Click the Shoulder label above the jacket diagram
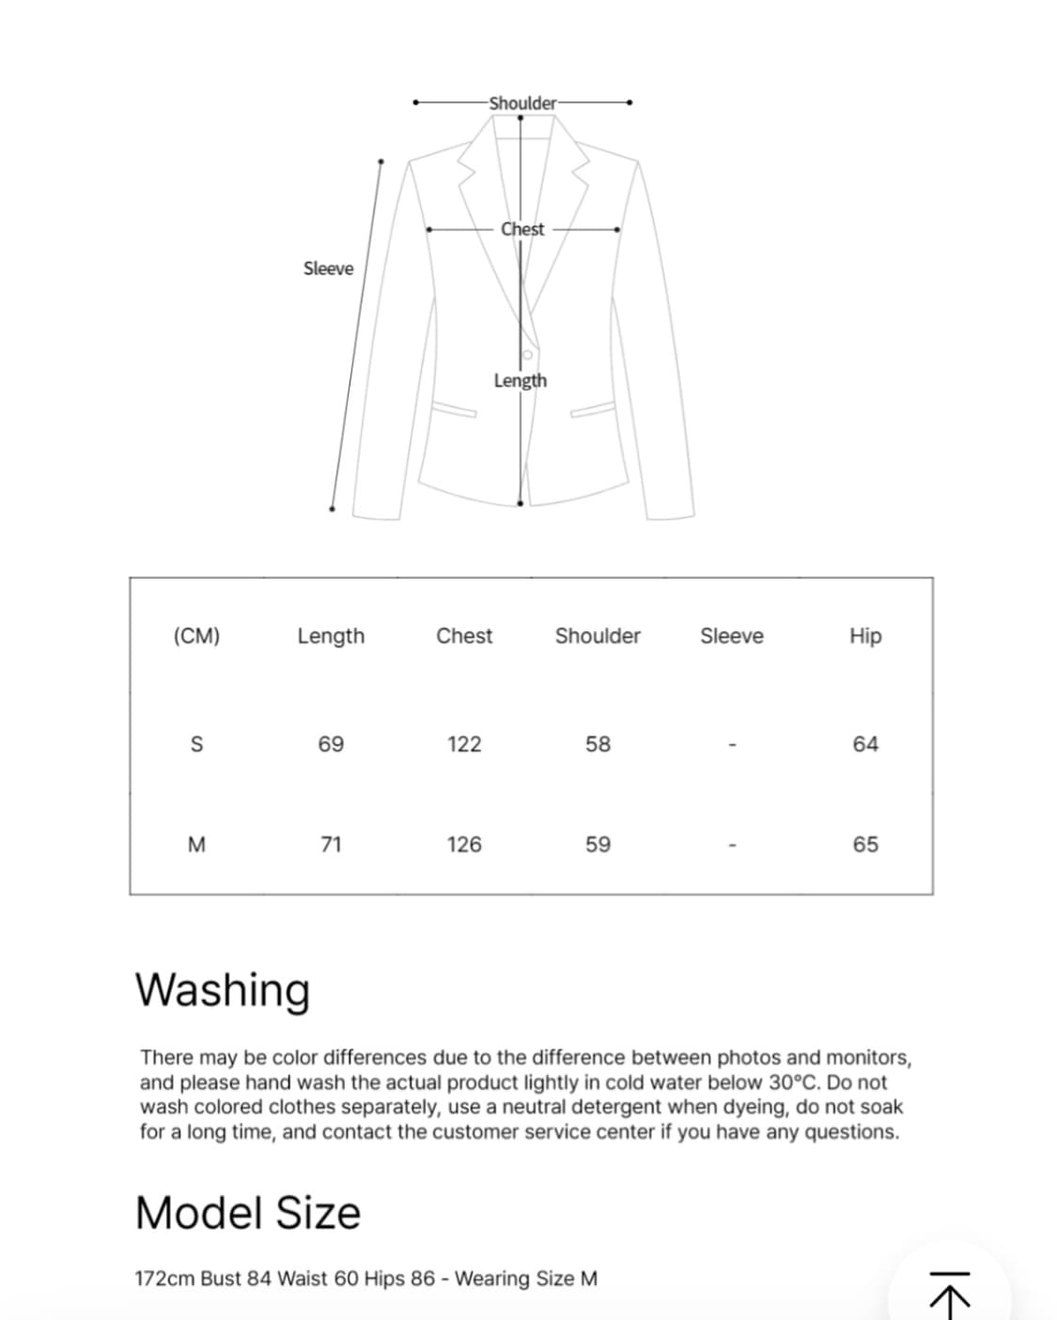click(522, 103)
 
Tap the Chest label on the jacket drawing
click(522, 229)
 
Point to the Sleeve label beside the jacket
click(328, 269)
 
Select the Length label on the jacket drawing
click(520, 380)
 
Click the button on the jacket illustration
click(527, 355)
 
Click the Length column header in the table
click(331, 636)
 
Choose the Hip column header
click(865, 636)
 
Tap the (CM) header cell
click(196, 636)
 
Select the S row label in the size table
click(196, 744)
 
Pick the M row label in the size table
click(196, 845)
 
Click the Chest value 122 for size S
click(464, 744)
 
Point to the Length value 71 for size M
click(331, 845)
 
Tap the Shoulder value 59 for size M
click(598, 845)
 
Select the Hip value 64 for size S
click(865, 744)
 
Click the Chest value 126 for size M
click(464, 845)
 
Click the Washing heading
click(223, 990)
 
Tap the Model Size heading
click(248, 1213)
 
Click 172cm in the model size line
click(164, 1279)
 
